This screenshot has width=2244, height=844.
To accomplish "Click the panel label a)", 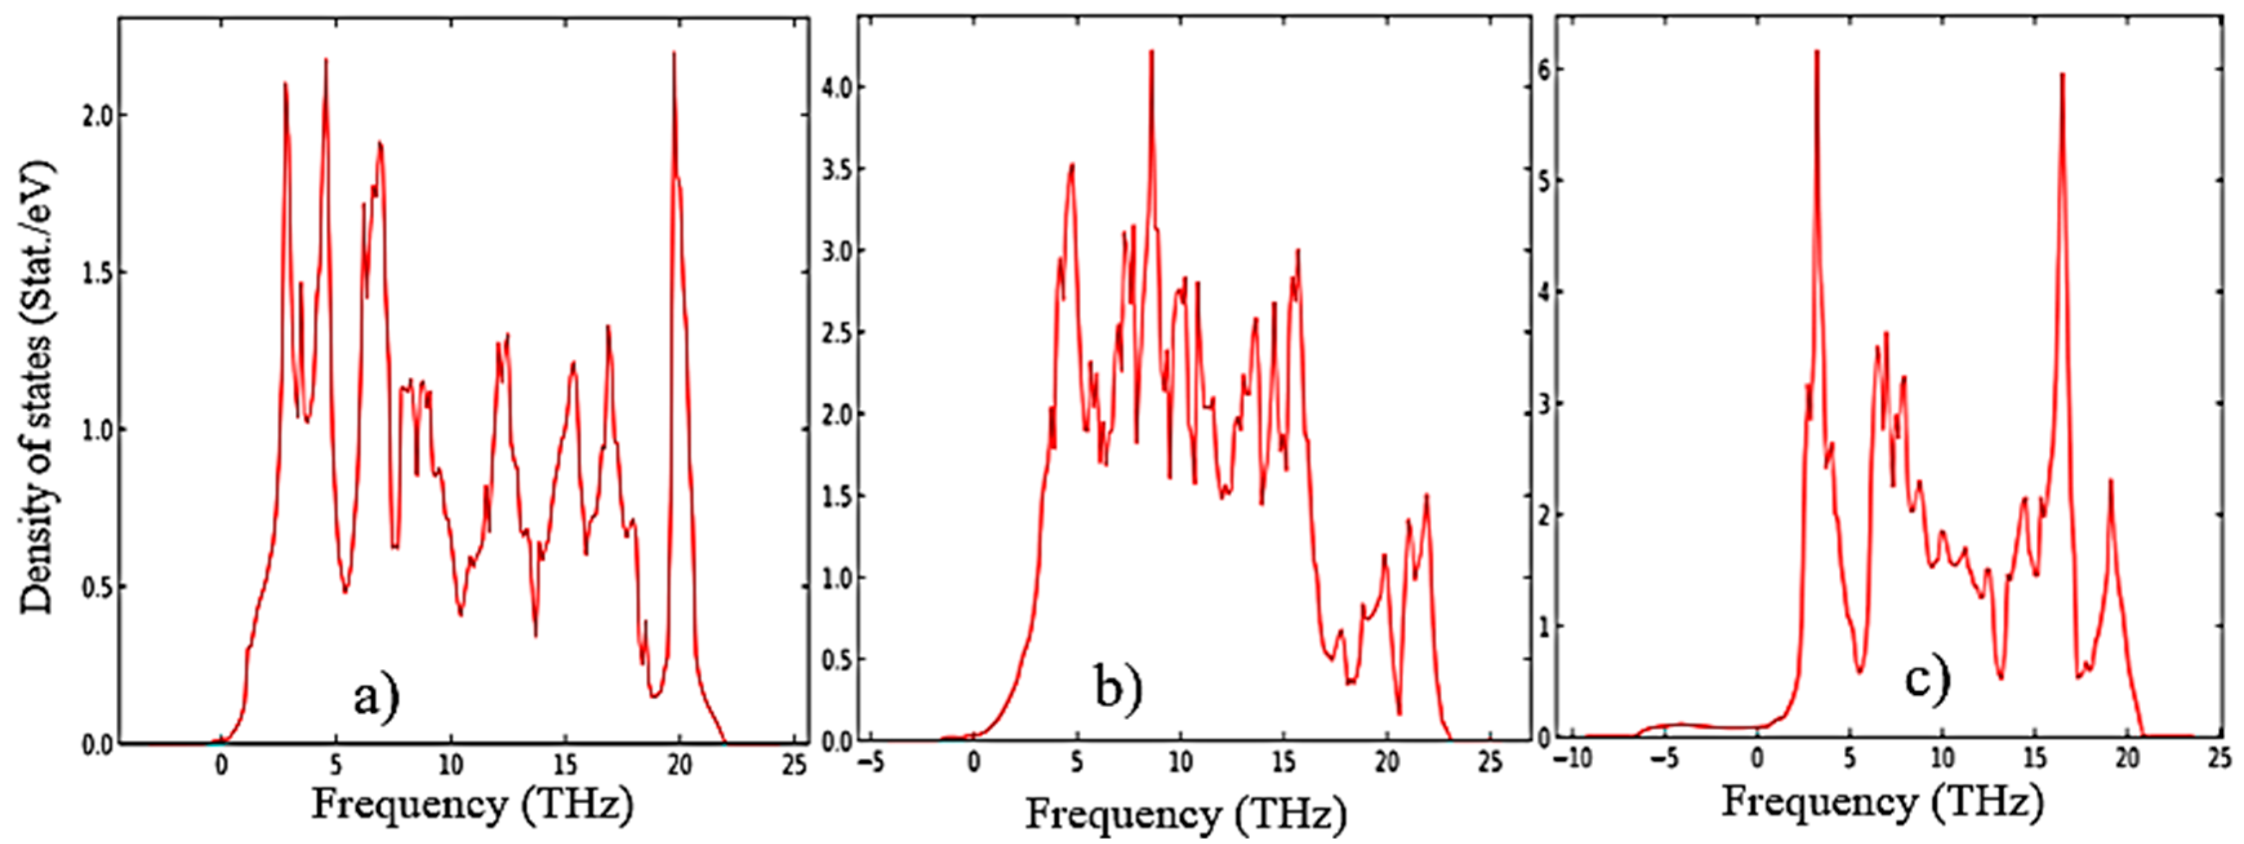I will click(x=376, y=698).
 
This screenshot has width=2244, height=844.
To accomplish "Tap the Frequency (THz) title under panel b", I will click(x=1185, y=814).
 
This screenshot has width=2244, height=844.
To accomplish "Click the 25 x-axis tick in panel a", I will click(x=794, y=764).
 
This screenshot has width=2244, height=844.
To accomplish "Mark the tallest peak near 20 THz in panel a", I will click(x=674, y=54).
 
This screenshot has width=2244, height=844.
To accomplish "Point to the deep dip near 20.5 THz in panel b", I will click(x=1399, y=714).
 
